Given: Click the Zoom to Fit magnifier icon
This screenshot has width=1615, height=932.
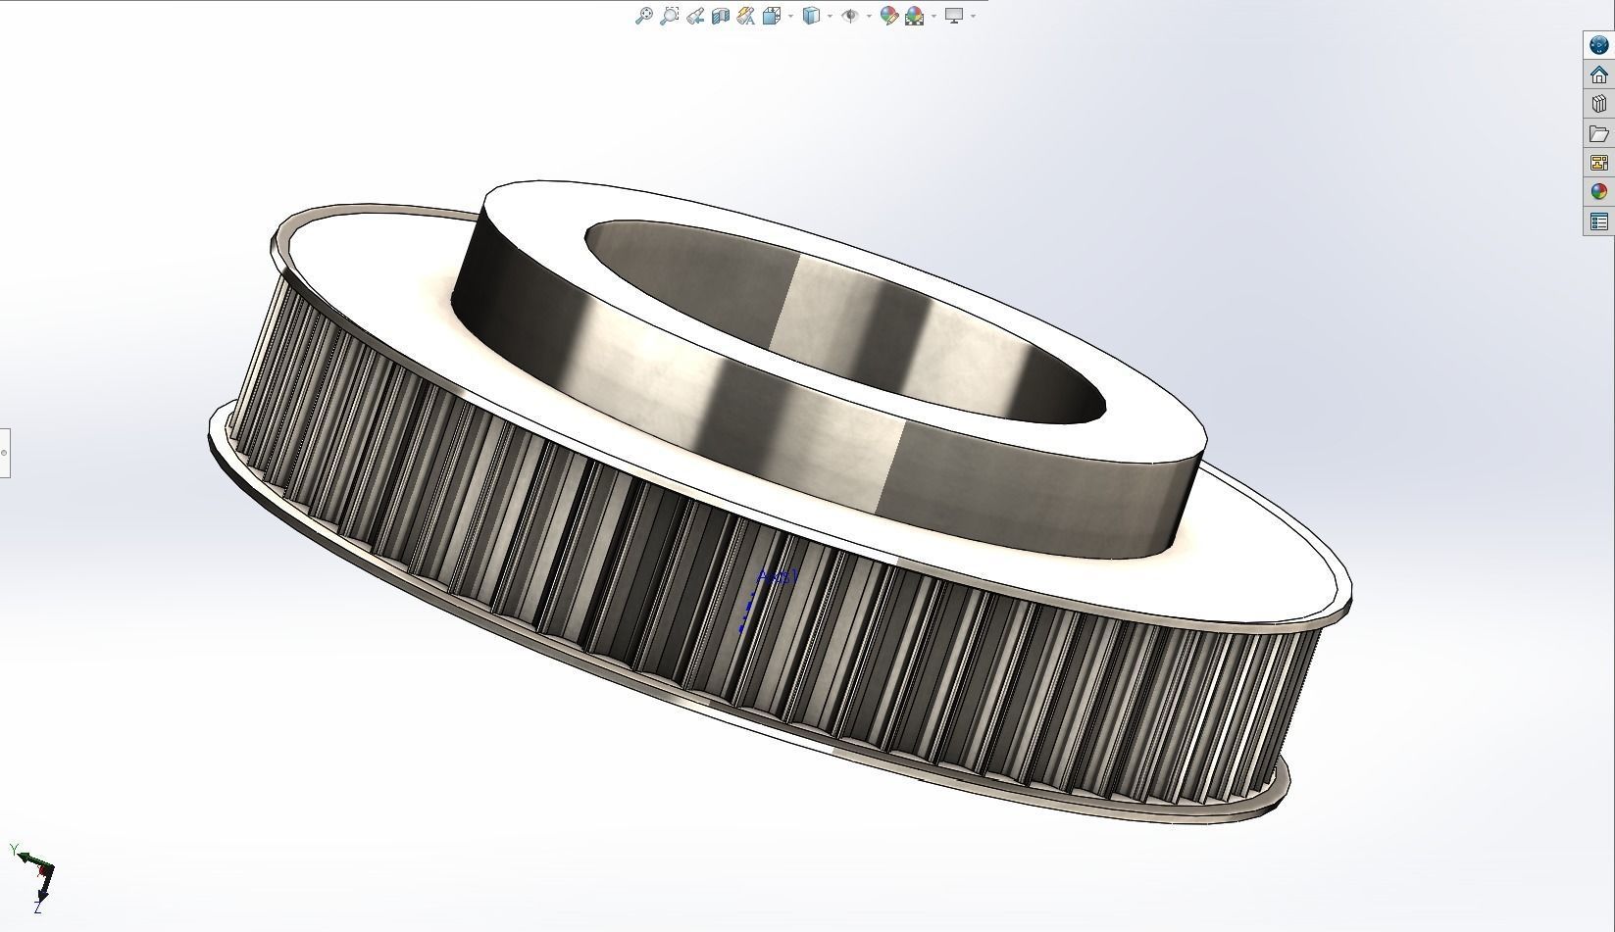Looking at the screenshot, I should click(x=643, y=16).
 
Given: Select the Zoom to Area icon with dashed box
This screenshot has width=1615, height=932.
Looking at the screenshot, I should click(x=669, y=16).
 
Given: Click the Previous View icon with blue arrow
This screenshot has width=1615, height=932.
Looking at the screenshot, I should click(x=695, y=16).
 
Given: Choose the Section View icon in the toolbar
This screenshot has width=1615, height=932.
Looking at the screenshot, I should click(x=721, y=16).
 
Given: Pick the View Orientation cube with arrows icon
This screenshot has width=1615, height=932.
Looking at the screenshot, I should click(x=772, y=16).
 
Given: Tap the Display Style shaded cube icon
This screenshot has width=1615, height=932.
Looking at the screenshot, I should click(x=811, y=16).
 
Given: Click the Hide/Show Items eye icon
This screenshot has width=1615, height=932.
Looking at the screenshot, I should click(x=850, y=16).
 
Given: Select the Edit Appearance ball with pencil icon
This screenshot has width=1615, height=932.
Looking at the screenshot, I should click(x=888, y=16).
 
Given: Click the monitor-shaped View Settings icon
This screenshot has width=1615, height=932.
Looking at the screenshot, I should click(x=953, y=16).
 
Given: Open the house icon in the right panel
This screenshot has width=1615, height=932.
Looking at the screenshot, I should click(x=1599, y=74).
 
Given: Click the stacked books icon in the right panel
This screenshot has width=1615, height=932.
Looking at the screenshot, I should click(x=1599, y=104).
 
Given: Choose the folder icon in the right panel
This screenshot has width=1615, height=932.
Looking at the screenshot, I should click(x=1599, y=133).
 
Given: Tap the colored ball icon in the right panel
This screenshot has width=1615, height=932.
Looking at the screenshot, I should click(x=1599, y=192).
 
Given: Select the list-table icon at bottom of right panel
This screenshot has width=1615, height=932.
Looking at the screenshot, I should click(x=1599, y=221).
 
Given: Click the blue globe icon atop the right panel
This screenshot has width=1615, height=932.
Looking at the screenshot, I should click(x=1599, y=45).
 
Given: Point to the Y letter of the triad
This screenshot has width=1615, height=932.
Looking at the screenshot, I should click(x=14, y=849).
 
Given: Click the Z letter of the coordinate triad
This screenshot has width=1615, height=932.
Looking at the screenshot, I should click(x=37, y=908).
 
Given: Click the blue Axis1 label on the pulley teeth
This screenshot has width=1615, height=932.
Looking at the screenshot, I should click(x=779, y=577).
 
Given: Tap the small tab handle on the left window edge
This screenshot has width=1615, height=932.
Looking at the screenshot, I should click(x=5, y=453).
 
